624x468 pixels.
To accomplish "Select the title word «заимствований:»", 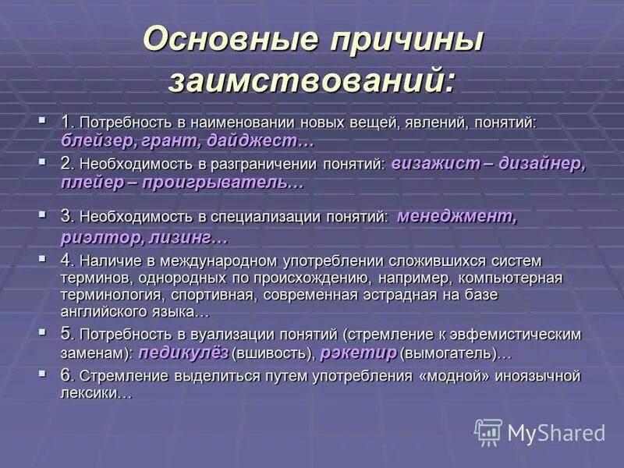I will point(312,80).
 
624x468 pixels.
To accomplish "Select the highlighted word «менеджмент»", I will point(456,217).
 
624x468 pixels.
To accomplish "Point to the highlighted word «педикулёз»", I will point(184,353).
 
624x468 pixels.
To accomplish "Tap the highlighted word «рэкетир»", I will point(358,353).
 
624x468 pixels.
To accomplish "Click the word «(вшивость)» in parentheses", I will point(273,353).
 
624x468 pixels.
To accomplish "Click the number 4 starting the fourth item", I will point(66,260).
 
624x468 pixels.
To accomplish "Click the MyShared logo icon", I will point(488,432).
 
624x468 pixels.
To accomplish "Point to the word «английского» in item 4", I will point(105,311).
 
